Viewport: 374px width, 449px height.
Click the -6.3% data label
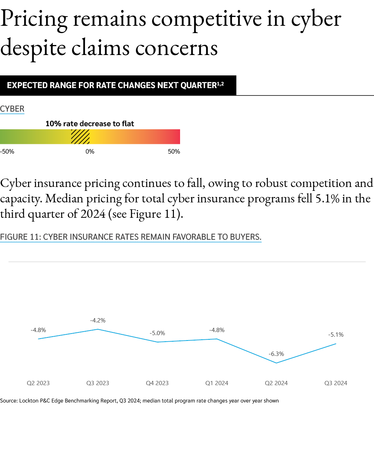tap(276, 354)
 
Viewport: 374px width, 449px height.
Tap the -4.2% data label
tap(98, 320)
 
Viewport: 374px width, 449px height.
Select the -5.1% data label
tap(336, 335)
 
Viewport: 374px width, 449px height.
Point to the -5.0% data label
tap(157, 333)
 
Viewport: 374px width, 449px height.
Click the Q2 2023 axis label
tap(38, 383)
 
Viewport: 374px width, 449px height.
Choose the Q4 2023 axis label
tap(157, 383)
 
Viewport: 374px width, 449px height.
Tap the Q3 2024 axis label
tap(336, 383)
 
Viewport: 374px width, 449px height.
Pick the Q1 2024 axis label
tap(217, 383)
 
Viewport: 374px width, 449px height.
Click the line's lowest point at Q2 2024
tap(276, 363)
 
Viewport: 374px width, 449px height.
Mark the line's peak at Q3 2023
tap(98, 329)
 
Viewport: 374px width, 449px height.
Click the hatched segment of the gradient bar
tap(80, 137)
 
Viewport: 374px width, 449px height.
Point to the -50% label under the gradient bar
tap(7, 152)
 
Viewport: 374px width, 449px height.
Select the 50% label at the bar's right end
tap(174, 152)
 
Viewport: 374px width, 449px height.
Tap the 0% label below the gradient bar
tap(90, 152)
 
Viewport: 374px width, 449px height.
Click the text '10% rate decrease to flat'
tap(90, 124)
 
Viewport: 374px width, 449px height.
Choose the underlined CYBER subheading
tap(12, 109)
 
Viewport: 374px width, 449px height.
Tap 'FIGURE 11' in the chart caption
tap(19, 237)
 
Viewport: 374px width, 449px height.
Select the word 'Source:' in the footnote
tap(8, 401)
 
